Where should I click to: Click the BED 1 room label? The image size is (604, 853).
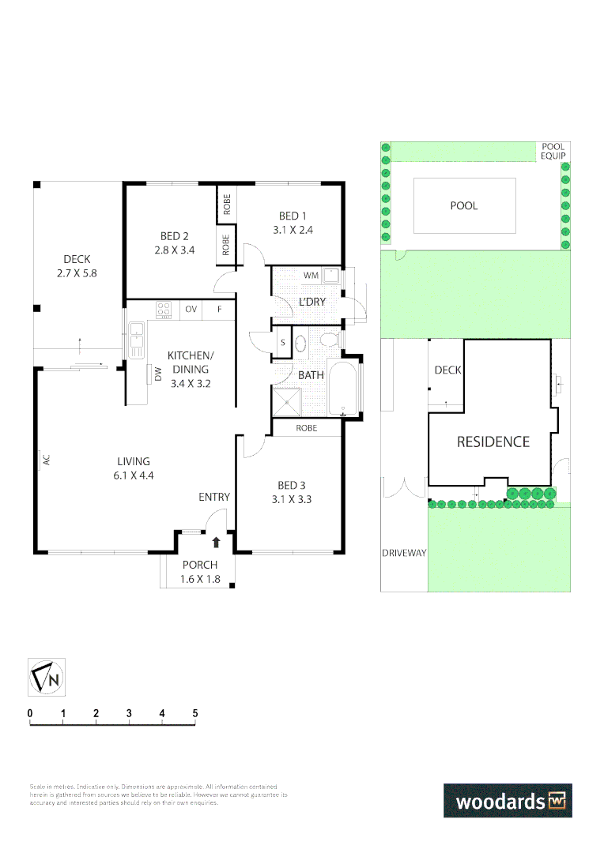290,216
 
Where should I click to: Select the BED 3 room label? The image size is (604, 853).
290,485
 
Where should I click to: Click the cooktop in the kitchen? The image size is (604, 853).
164,310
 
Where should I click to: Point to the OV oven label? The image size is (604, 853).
191,310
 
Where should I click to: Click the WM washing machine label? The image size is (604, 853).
311,276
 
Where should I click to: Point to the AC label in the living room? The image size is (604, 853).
47,460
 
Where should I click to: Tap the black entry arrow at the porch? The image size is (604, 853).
217,542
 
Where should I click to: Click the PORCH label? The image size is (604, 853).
198,565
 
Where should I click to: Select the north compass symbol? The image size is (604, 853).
47,677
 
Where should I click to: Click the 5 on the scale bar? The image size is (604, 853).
194,714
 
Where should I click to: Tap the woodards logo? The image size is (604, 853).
507,800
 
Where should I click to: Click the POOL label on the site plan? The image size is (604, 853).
464,206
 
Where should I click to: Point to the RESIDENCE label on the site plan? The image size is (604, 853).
493,442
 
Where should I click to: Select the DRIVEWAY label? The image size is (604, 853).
404,553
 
